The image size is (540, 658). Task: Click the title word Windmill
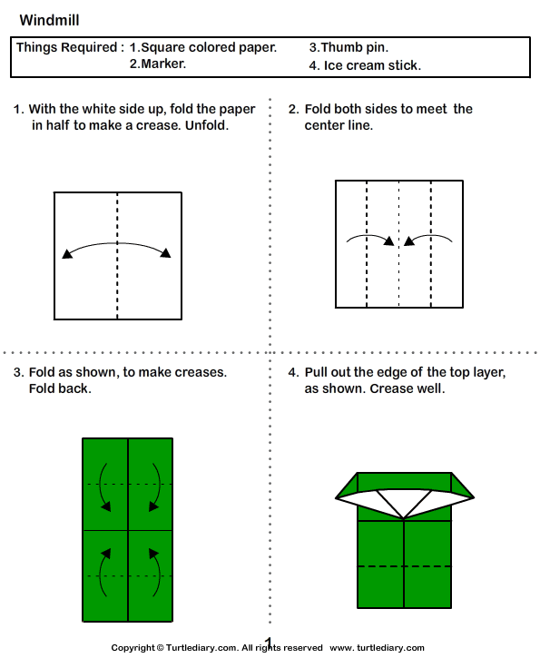(x=44, y=19)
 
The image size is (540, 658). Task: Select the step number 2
(x=292, y=110)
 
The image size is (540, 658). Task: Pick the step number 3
(x=17, y=373)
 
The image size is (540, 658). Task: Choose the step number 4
(x=292, y=373)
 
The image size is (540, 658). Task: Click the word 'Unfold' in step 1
(x=207, y=125)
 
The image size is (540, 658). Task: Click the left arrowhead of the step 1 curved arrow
(x=66, y=255)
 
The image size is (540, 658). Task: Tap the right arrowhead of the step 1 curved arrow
(x=165, y=253)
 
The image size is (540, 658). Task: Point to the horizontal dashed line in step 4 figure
(x=405, y=566)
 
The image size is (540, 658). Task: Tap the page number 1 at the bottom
(x=269, y=643)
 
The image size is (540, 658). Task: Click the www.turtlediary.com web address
(x=377, y=648)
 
